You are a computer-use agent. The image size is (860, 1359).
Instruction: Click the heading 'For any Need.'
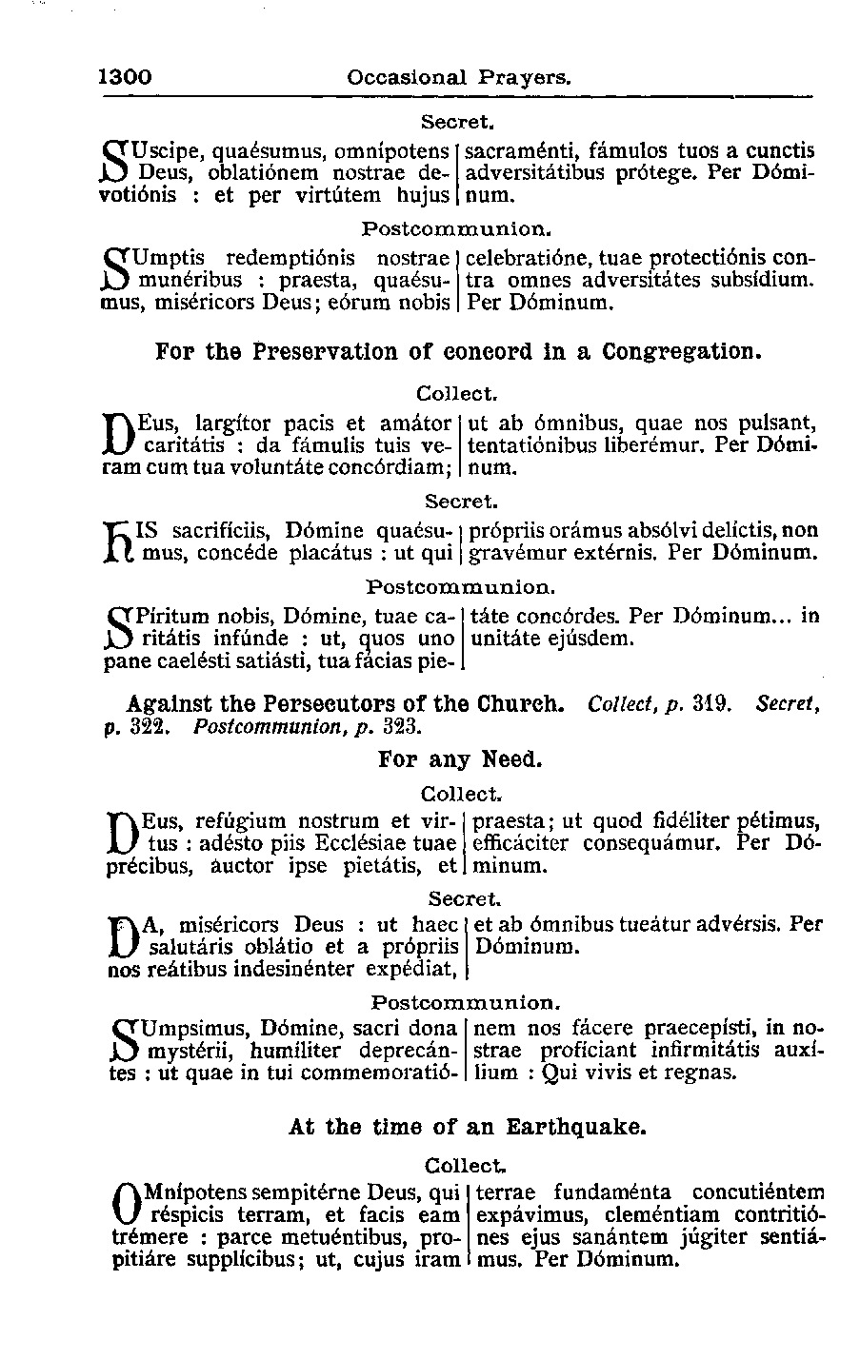point(460,759)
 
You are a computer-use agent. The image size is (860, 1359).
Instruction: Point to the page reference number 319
point(712,705)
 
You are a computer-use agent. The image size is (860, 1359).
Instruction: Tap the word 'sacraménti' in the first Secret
point(522,150)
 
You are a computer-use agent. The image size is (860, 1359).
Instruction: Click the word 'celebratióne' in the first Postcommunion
point(527,258)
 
